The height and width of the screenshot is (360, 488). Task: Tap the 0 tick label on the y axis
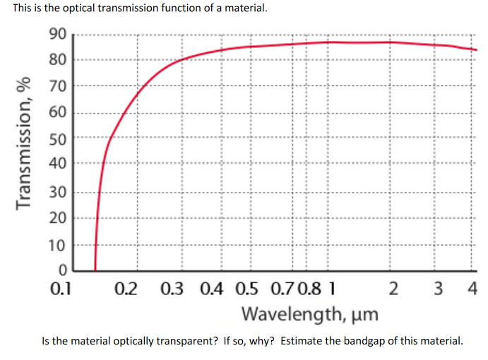pyautogui.click(x=62, y=270)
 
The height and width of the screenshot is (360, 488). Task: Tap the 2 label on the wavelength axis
pyautogui.click(x=393, y=289)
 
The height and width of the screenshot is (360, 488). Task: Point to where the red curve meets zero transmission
pyautogui.click(x=95, y=270)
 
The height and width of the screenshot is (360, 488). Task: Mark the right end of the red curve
pyautogui.click(x=477, y=50)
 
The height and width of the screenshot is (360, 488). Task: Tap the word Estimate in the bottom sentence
pyautogui.click(x=302, y=341)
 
